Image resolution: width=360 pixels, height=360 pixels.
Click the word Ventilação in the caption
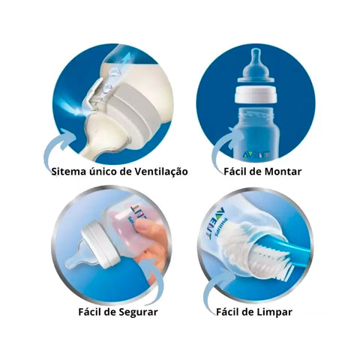[161, 172]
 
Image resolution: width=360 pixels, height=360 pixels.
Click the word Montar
[283, 172]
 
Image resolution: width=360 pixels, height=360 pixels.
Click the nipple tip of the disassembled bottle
[255, 51]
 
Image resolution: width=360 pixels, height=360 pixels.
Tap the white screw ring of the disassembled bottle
[256, 94]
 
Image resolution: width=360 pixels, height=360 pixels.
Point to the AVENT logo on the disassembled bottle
[256, 154]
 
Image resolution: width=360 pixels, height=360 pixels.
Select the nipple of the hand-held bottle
[81, 256]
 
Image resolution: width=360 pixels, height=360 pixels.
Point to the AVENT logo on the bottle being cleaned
[214, 222]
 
